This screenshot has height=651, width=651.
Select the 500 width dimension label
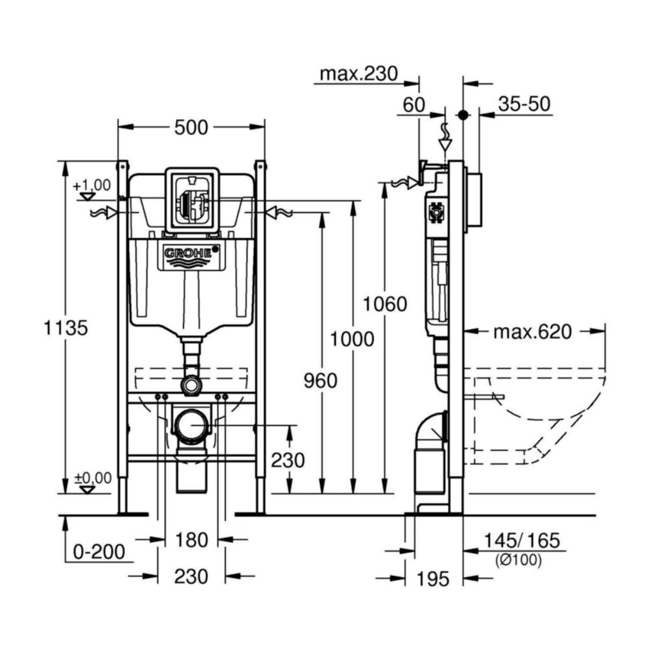tap(192, 127)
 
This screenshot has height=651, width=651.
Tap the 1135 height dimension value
tap(66, 328)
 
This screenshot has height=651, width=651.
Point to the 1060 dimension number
tap(385, 304)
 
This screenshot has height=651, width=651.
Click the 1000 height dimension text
tap(353, 339)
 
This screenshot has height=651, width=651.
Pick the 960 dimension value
tap(320, 381)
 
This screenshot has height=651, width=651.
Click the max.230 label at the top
tap(359, 73)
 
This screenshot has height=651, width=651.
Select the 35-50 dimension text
tap(524, 104)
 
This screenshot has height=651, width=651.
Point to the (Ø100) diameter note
tap(518, 560)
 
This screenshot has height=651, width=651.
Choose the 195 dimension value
tap(433, 579)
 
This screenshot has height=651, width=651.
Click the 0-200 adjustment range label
tap(99, 552)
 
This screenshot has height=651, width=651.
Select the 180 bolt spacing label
tap(192, 540)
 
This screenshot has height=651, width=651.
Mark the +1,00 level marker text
tap(92, 185)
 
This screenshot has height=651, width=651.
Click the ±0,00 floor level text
tap(93, 478)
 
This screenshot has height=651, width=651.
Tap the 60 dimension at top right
tap(414, 105)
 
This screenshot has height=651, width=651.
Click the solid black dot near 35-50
tap(463, 114)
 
